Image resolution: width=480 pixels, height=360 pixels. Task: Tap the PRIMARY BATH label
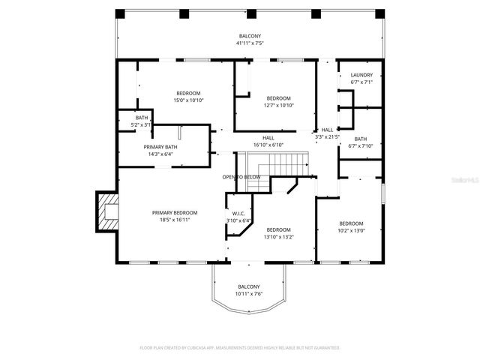(160, 146)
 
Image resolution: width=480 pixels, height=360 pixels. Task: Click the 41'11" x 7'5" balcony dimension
(249, 43)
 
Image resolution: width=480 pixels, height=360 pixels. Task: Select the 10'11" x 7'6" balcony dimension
(249, 294)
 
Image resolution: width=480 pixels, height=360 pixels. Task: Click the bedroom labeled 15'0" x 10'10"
(189, 96)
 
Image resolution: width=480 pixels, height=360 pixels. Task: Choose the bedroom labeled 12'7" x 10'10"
(278, 102)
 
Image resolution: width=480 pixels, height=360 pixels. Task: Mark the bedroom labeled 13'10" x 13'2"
(278, 233)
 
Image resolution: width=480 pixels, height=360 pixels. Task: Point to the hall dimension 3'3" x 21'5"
(327, 137)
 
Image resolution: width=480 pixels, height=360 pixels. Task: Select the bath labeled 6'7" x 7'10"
(361, 142)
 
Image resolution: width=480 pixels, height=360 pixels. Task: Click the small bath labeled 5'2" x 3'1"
(142, 121)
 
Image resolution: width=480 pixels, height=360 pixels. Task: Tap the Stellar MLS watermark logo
(463, 180)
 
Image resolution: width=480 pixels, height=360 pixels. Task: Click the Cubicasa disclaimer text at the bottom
(240, 348)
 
